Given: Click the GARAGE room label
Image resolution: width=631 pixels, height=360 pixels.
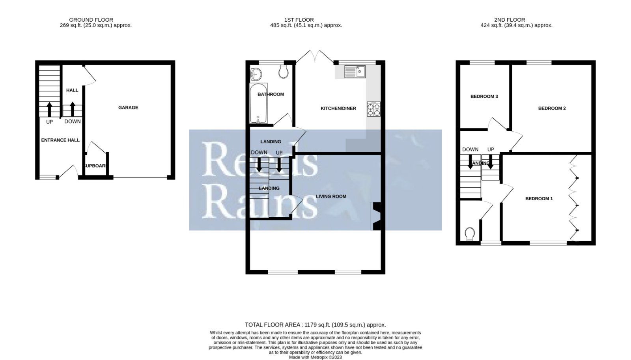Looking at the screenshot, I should (128, 107).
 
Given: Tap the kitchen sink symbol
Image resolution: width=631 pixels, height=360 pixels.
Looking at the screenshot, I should (355, 71).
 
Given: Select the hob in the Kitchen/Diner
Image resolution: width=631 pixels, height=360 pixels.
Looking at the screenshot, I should (373, 109).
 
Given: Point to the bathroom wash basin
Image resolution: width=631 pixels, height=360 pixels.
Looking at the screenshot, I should (256, 73).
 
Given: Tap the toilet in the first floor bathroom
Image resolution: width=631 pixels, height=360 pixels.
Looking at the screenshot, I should (283, 72).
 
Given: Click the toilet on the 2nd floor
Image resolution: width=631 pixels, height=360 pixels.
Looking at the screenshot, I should (469, 234).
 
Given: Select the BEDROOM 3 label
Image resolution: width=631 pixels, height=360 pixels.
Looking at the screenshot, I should (484, 96).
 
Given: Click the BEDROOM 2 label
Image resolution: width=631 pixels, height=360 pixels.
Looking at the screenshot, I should (552, 108).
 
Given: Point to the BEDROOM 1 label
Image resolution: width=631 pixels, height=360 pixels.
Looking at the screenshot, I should (539, 198).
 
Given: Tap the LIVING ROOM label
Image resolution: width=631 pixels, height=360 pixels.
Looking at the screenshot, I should (331, 196).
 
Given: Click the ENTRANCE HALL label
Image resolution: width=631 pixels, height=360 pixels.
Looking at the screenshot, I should (60, 140).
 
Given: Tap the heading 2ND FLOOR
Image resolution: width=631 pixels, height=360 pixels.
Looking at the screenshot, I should (510, 20).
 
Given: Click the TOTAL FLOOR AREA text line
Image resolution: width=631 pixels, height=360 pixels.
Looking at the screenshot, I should (315, 325).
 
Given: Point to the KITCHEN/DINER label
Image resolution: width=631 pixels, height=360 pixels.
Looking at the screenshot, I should (338, 108).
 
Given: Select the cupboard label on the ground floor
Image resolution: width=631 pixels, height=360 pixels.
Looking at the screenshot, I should (95, 166).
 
